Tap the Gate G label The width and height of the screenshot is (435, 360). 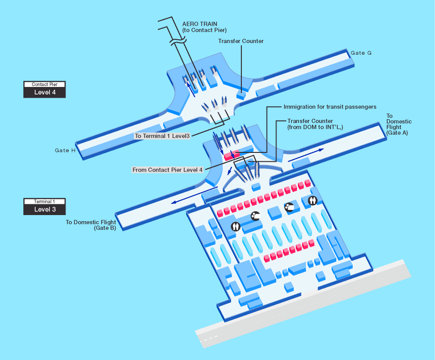point(361,53)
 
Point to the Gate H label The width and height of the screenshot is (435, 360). point(65,151)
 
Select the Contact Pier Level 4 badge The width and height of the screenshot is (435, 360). point(44,89)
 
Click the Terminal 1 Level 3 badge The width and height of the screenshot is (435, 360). point(44,206)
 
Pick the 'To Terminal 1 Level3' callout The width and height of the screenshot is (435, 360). point(162,136)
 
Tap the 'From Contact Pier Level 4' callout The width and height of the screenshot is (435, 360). point(167,170)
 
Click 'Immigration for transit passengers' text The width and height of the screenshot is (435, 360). point(330,107)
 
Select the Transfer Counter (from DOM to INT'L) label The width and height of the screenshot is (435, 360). point(315,124)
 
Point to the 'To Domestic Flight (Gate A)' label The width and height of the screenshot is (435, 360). point(399,124)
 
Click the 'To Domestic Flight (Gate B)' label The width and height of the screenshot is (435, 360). point(91,225)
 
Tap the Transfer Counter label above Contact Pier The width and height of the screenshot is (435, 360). point(241,41)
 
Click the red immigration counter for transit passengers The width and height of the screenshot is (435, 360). point(232,155)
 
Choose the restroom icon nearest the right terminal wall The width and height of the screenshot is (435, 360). point(312,200)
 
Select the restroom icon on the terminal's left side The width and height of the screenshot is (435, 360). point(236,227)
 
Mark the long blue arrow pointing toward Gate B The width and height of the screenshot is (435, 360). point(194,195)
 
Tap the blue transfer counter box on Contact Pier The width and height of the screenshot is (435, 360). point(241,95)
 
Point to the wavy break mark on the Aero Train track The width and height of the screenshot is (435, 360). point(178,41)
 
